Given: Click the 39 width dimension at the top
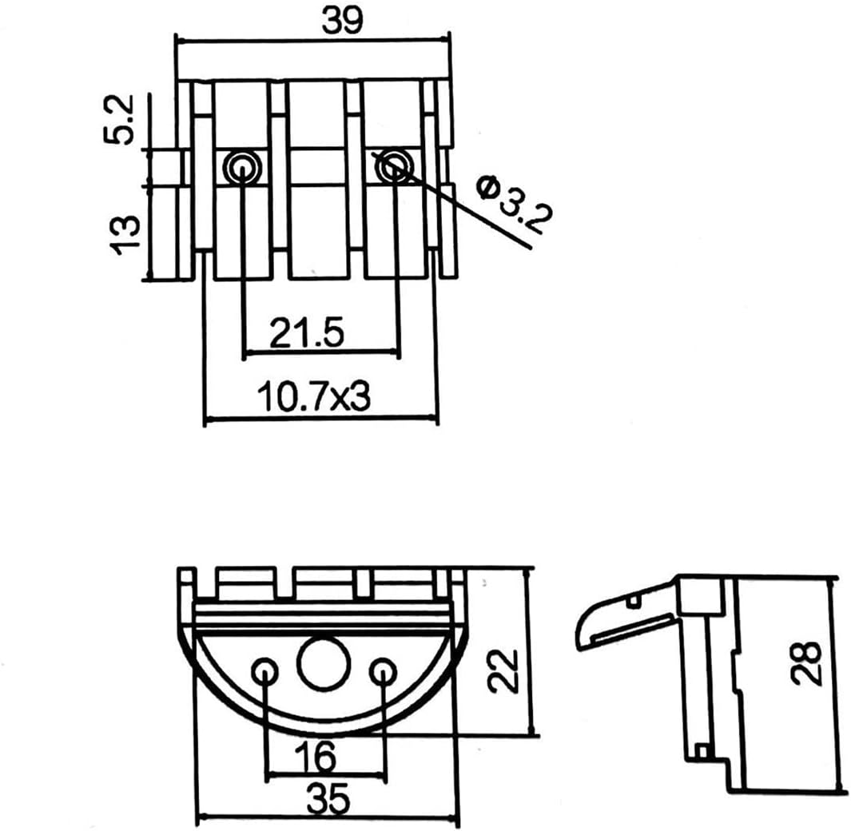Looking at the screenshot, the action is click(341, 22).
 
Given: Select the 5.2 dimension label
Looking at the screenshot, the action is click(118, 119).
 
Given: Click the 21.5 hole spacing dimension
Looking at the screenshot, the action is click(307, 332).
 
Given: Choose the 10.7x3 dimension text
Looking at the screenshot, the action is click(314, 396).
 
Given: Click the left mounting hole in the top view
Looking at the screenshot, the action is click(242, 168).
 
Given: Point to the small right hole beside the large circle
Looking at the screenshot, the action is click(383, 672).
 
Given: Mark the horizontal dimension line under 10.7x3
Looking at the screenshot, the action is click(320, 418).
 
